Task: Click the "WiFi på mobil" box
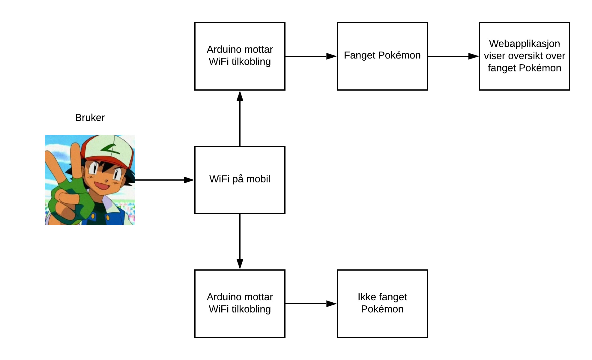click(x=240, y=180)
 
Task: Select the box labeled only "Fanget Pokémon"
click(x=382, y=56)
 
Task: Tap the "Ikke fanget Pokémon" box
click(x=382, y=303)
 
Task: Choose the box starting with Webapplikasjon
click(x=524, y=56)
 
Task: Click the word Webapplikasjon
click(x=524, y=44)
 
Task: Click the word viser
click(x=495, y=56)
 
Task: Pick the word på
click(x=238, y=179)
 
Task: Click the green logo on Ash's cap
click(x=110, y=148)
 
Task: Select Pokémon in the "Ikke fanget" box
click(x=382, y=309)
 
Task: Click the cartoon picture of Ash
click(x=90, y=180)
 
